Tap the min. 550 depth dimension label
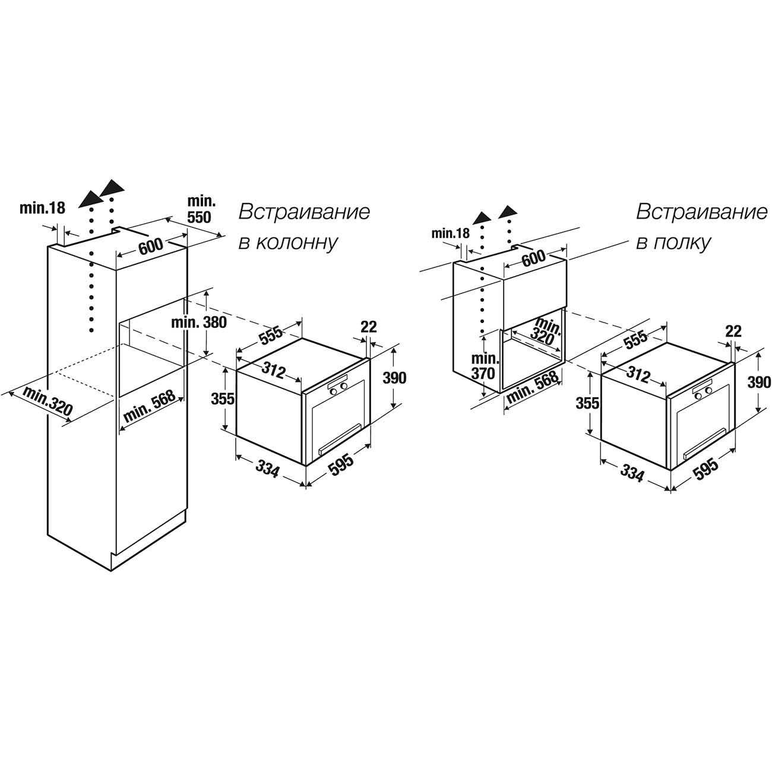(x=199, y=208)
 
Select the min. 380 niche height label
(x=199, y=323)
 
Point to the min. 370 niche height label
(x=485, y=366)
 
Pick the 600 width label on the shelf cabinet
(x=533, y=258)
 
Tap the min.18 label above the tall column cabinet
(x=42, y=208)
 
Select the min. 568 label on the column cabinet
(x=149, y=406)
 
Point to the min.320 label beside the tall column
(x=48, y=401)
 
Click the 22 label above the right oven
(x=733, y=331)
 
